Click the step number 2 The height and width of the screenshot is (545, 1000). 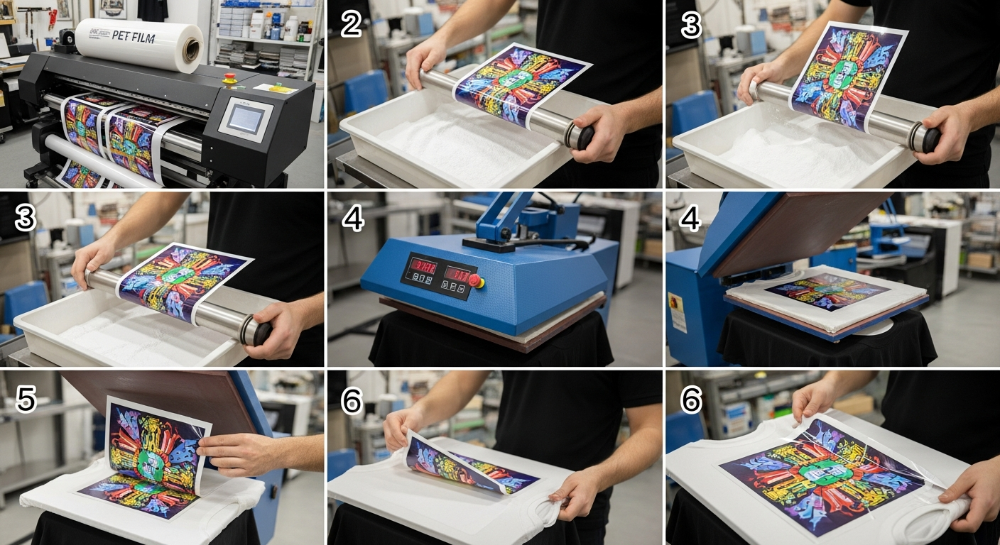(x=351, y=26)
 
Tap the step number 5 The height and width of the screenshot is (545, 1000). (x=26, y=400)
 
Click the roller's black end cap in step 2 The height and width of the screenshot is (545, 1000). (x=585, y=137)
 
